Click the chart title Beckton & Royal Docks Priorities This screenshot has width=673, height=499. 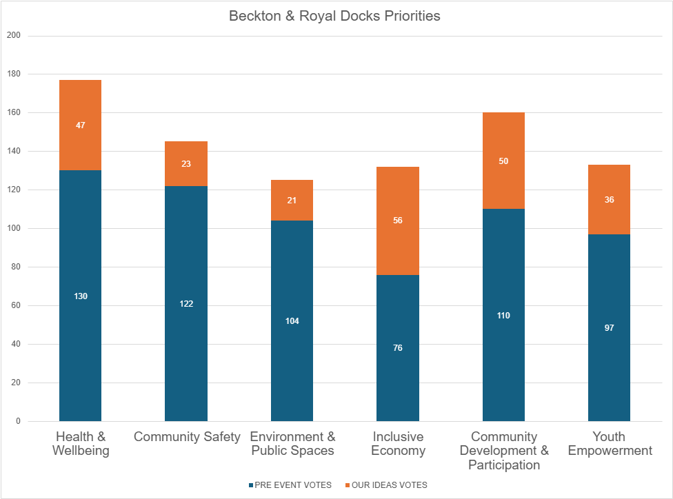click(x=334, y=16)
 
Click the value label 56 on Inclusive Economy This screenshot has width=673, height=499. click(x=398, y=221)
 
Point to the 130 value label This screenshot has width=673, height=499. click(x=81, y=296)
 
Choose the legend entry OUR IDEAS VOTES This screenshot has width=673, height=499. click(x=389, y=485)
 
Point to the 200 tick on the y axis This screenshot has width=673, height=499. click(x=14, y=35)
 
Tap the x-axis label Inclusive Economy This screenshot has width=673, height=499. click(x=398, y=444)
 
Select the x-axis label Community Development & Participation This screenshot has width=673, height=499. click(x=503, y=451)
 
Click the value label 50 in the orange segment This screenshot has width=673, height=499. click(x=503, y=161)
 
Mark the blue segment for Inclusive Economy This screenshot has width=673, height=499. click(x=398, y=372)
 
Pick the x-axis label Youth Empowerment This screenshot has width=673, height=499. click(x=609, y=444)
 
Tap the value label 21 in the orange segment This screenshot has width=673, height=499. click(x=292, y=200)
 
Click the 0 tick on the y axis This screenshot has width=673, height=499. click(x=18, y=421)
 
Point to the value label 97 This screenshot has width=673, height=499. click(x=610, y=328)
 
